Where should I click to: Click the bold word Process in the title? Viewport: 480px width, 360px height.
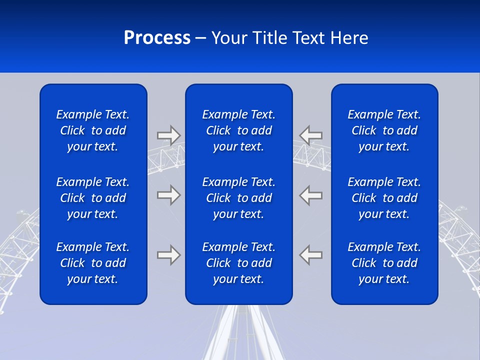pos(157,38)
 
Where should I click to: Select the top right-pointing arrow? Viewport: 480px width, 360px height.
pos(168,135)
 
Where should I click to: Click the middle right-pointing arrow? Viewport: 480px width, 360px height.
pos(168,195)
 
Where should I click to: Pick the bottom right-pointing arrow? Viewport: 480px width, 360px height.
pos(168,255)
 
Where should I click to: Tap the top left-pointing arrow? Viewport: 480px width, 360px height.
pos(311,135)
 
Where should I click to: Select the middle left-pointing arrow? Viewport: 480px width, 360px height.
pos(311,195)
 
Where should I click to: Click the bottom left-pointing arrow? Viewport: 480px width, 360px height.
pos(311,255)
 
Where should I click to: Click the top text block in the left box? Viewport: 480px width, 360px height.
pos(93,130)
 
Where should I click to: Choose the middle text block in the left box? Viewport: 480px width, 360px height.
pos(93,198)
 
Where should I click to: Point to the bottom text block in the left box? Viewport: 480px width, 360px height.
pos(93,263)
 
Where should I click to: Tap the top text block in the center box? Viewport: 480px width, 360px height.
pos(239,130)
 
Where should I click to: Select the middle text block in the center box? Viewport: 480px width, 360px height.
pos(239,198)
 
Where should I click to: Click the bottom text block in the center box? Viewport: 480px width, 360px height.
pos(239,263)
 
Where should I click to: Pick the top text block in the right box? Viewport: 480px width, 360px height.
pos(384,130)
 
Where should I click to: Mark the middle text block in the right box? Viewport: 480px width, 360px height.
pos(384,198)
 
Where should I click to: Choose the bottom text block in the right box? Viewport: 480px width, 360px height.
pos(384,263)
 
